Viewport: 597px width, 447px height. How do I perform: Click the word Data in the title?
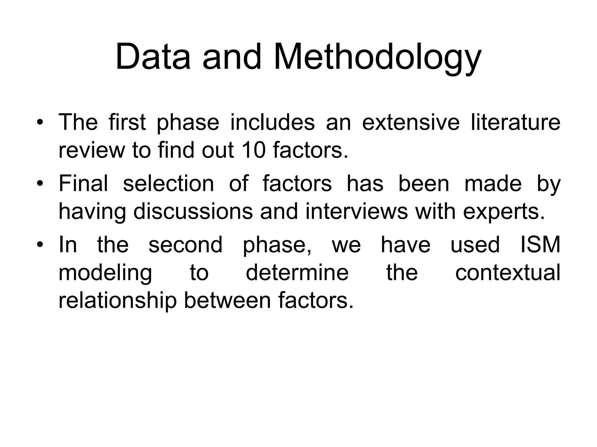tap(153, 56)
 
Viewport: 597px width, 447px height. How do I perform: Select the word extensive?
tap(410, 123)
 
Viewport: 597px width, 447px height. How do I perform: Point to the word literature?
tap(515, 123)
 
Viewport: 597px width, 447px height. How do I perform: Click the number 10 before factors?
tap(254, 150)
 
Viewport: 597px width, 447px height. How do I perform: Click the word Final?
tap(83, 184)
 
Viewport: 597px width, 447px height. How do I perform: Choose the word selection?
tap(168, 184)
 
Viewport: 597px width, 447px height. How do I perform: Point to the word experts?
tap(503, 212)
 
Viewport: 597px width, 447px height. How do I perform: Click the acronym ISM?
tap(540, 245)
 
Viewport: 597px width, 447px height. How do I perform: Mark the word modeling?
tap(105, 273)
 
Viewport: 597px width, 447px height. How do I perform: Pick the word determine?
tap(297, 273)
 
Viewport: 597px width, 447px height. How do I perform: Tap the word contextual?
tap(508, 273)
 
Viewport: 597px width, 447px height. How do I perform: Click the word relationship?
tap(117, 301)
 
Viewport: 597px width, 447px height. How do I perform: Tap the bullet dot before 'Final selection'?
tap(40, 184)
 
